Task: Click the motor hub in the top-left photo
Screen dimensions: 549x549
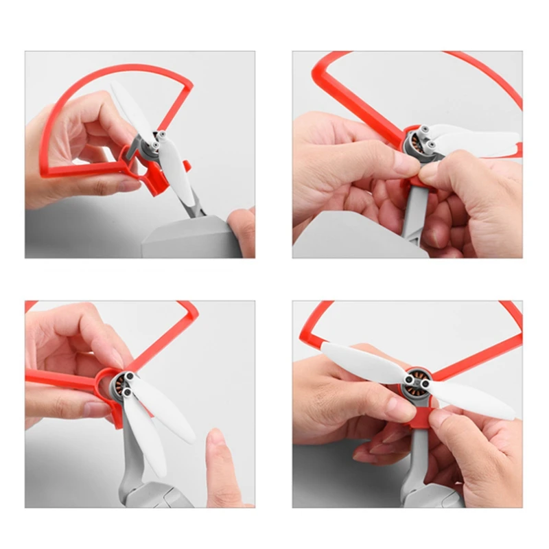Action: pyautogui.click(x=159, y=141)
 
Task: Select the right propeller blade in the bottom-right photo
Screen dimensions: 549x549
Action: pyautogui.click(x=474, y=401)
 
